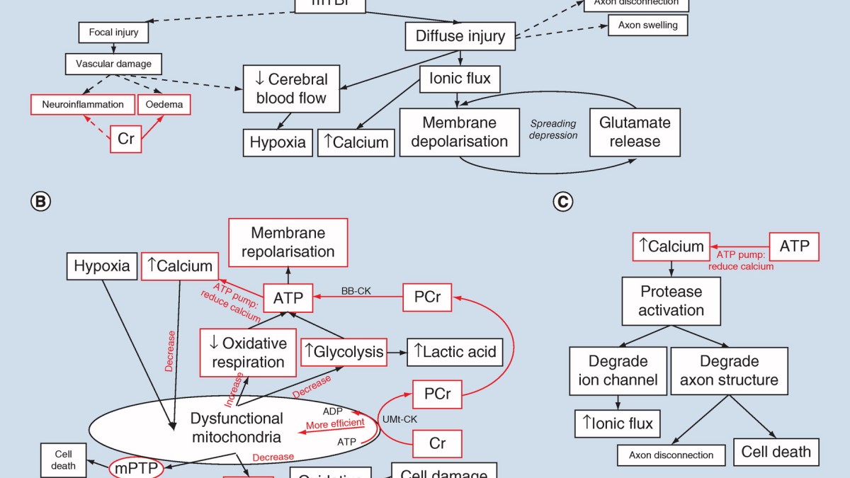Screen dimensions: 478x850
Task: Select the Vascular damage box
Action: coord(113,64)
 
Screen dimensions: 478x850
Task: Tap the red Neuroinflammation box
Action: coord(82,104)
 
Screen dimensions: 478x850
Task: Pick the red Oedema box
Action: coord(164,104)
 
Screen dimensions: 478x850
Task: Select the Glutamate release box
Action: coord(635,132)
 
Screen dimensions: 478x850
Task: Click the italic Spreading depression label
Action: coord(554,130)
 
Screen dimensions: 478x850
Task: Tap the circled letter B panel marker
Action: coord(40,202)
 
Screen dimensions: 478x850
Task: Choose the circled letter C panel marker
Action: coord(562,202)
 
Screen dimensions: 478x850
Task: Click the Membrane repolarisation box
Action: coord(288,242)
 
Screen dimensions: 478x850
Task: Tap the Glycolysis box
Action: coord(344,351)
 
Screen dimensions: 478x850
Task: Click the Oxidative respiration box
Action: coord(247,352)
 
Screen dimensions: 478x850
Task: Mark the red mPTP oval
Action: coord(135,468)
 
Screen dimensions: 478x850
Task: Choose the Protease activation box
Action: coord(671,301)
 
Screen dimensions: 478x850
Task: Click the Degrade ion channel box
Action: coord(618,370)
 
